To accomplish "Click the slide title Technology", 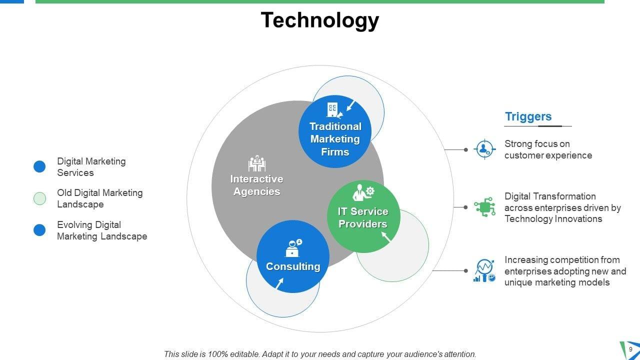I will click(320, 20).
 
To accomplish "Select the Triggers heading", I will click(528, 116).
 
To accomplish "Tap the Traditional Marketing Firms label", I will click(335, 139).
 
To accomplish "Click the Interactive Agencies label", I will click(256, 185).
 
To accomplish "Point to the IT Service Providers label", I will click(363, 217).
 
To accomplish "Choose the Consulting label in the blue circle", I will click(293, 266).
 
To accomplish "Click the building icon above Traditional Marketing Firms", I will click(332, 109).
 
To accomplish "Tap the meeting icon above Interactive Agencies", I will click(256, 163).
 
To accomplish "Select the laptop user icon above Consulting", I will click(293, 248).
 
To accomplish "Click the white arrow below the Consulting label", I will click(279, 283).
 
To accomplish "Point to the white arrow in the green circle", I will click(386, 237).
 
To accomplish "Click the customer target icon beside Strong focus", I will click(484, 149).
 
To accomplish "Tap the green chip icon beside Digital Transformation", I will click(484, 206).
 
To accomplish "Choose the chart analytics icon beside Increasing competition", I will click(484, 270).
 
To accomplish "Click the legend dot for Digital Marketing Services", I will click(39, 167).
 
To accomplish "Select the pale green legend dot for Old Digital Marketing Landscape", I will click(39, 198).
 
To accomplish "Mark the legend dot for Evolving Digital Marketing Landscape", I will click(39, 230).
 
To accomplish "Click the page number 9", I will click(630, 349).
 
